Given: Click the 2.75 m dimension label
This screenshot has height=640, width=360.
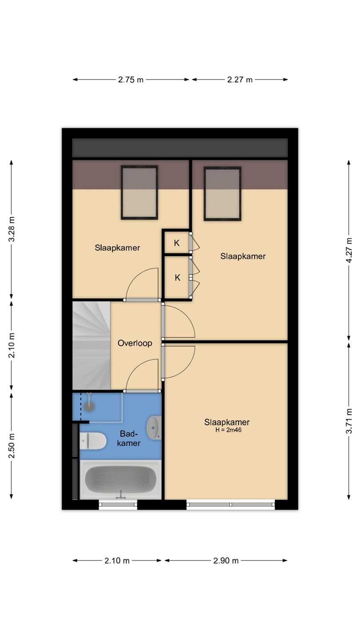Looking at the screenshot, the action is tap(131, 80).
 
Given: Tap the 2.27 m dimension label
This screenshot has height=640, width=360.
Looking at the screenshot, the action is tap(240, 80).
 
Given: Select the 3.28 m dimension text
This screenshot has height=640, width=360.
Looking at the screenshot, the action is tap(12, 229).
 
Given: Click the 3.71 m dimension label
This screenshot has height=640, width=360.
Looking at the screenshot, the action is tap(349, 421).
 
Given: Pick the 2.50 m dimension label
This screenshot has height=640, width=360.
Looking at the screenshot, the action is tap(12, 445).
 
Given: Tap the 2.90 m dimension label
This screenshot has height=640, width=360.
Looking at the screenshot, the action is tap(226, 560).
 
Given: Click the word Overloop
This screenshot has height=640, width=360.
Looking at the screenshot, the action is tap(135, 343).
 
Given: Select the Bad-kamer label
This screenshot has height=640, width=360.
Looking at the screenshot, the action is tap(129, 438).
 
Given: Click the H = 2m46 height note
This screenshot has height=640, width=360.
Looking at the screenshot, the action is tap(228, 430).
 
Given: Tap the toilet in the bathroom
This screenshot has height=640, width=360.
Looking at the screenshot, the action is tap(93, 440).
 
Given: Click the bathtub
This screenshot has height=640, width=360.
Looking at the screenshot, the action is tap(120, 480).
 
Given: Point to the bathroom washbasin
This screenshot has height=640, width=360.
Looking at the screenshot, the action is tap(154, 428).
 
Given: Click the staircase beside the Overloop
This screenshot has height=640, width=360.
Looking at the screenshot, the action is tap(92, 345).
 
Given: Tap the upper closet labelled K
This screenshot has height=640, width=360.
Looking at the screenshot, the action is tap(177, 243).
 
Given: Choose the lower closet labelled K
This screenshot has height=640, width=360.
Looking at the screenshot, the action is tap(177, 277).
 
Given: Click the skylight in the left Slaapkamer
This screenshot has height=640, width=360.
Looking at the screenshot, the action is tap(140, 192).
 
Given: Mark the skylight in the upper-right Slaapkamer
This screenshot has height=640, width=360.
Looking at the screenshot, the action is tap(222, 193).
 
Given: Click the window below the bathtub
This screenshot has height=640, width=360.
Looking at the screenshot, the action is tap(118, 504).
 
